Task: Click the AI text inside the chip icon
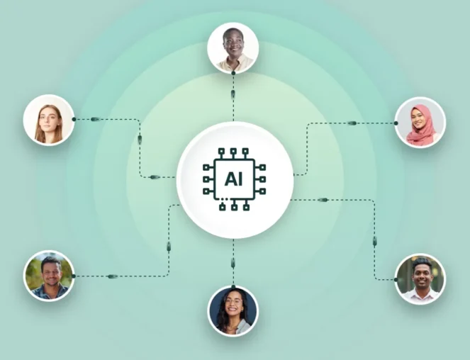tap(233, 179)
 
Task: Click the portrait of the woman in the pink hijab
tap(420, 123)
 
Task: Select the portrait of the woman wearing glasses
tap(233, 311)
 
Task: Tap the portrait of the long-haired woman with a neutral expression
tap(48, 120)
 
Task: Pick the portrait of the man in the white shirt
tap(420, 279)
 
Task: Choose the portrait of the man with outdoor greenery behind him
tap(48, 276)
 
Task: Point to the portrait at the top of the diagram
tap(233, 47)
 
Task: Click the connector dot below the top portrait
tap(233, 73)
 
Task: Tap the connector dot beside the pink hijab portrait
tap(396, 123)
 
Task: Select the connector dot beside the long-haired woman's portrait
tap(74, 119)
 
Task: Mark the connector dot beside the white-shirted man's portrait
tap(396, 280)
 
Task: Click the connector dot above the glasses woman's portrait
tap(233, 287)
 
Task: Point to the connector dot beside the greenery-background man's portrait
tap(74, 276)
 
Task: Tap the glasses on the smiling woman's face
tap(233, 300)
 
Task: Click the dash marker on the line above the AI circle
tap(233, 94)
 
